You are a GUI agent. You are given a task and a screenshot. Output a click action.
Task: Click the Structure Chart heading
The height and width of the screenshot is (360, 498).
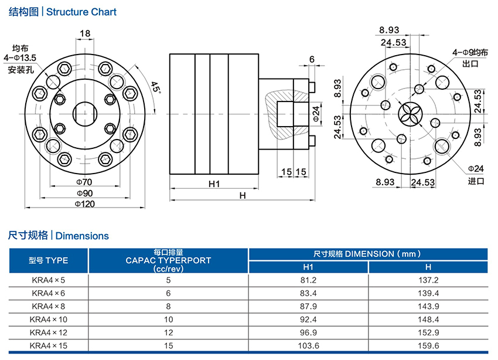(62, 12)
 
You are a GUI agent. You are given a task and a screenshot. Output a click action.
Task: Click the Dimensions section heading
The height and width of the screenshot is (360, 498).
(59, 236)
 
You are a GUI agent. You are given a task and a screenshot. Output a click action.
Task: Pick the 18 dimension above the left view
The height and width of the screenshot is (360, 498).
(85, 34)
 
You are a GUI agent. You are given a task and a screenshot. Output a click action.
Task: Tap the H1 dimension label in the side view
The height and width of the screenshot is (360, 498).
(214, 184)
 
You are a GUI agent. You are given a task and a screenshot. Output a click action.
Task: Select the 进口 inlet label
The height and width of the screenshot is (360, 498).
(476, 181)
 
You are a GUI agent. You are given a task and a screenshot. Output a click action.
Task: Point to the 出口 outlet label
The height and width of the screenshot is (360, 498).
(470, 63)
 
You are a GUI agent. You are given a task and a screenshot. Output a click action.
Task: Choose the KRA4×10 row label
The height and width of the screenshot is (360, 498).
(49, 320)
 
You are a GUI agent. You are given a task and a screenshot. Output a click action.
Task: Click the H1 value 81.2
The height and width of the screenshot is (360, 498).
(308, 281)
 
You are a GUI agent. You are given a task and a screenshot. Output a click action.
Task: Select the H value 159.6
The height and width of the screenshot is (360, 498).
(428, 346)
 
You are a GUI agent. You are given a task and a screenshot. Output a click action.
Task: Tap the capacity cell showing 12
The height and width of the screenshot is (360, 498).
(168, 333)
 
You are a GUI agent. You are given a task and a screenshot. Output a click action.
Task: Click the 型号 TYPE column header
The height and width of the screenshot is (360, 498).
(49, 260)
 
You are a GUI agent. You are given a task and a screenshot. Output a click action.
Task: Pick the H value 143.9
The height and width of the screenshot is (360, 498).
(428, 307)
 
